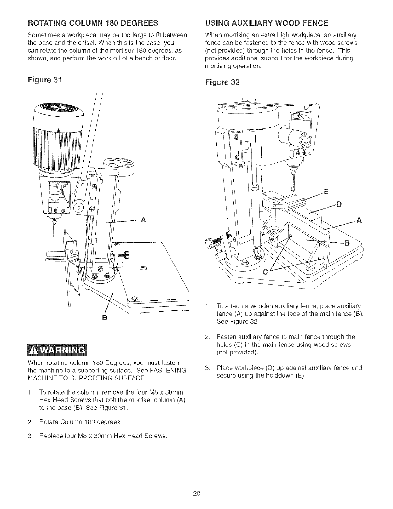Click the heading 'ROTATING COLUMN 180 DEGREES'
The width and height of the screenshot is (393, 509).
pyautogui.click(x=93, y=23)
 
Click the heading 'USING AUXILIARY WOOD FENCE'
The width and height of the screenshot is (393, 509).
pyautogui.click(x=265, y=23)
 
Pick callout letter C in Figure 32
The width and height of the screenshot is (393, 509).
pyautogui.click(x=265, y=272)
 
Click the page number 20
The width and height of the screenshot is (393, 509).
pyautogui.click(x=197, y=494)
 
